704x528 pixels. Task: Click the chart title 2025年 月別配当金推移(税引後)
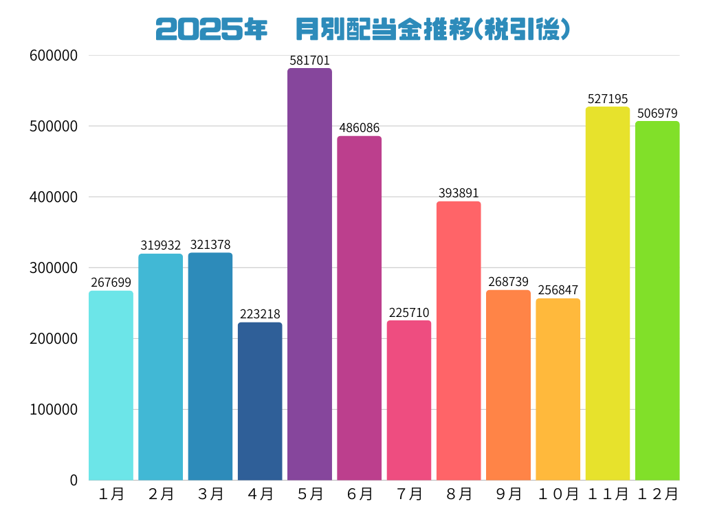[x=362, y=29]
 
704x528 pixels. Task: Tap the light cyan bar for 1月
[x=111, y=385]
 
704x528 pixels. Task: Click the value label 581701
[x=309, y=61]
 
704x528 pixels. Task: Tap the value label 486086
[x=359, y=129]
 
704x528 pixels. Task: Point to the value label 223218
[x=260, y=315]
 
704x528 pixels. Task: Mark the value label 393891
[x=459, y=194]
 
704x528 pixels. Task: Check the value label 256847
[x=558, y=291]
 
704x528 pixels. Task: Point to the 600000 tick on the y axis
[x=54, y=56]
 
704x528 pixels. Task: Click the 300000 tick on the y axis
[x=54, y=268]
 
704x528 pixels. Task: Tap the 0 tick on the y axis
[x=74, y=481]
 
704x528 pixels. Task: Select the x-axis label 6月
[x=359, y=494]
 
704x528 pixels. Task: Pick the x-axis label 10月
[x=558, y=494]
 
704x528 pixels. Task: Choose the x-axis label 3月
[x=210, y=494]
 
